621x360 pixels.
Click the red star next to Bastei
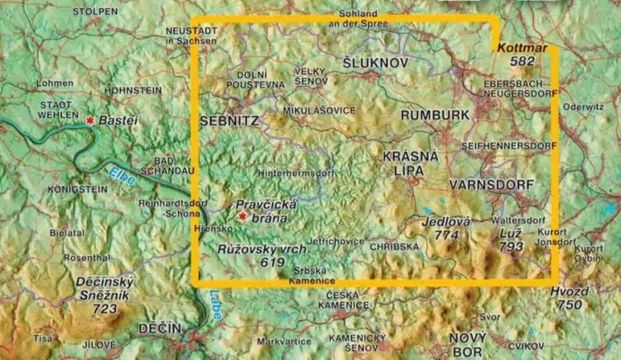(x=89, y=121)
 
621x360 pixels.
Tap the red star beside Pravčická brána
(x=242, y=217)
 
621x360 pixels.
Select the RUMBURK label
(x=435, y=116)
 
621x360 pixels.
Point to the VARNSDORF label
(x=491, y=185)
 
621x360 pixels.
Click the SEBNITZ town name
(x=230, y=122)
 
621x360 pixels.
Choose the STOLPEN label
(x=95, y=11)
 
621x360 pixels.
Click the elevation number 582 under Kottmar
(x=523, y=61)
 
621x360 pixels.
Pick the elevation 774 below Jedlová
(x=447, y=235)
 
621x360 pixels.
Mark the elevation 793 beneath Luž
(x=512, y=246)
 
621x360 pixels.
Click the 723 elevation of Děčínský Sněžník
(x=105, y=309)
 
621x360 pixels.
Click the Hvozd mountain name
(x=570, y=292)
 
